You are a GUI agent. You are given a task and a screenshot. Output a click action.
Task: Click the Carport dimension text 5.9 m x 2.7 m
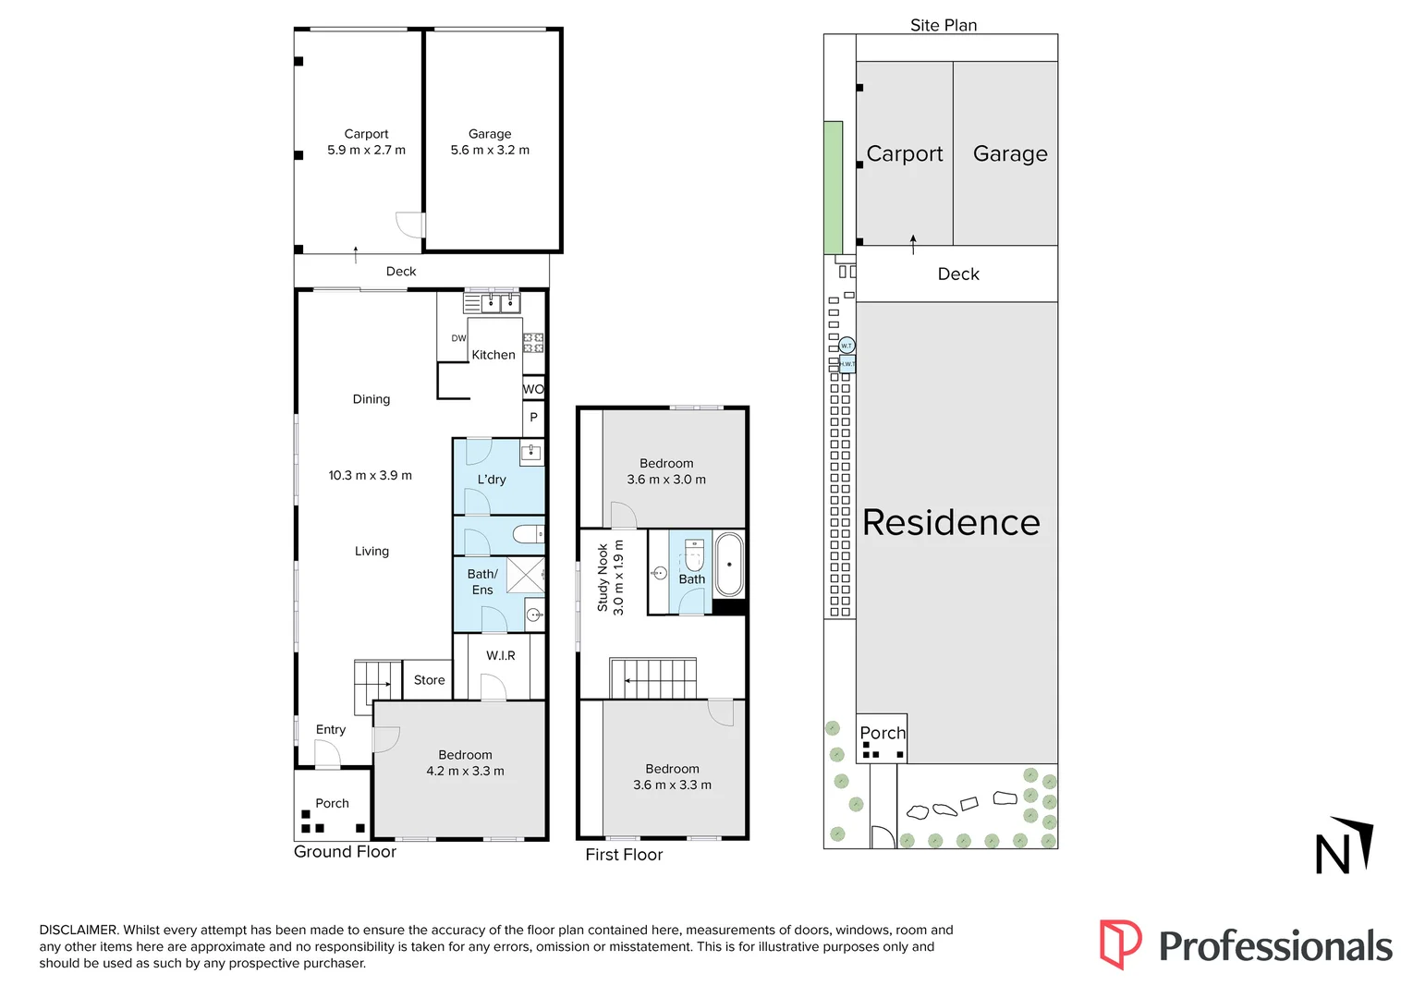(366, 150)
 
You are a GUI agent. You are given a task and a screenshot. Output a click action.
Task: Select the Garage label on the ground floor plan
(490, 134)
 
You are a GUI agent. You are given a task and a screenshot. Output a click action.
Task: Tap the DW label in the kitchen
(458, 338)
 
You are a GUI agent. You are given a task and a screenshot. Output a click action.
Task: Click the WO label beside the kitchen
(533, 389)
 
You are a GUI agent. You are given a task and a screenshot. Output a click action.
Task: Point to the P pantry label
(533, 418)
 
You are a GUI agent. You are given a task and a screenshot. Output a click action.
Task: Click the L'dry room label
(492, 480)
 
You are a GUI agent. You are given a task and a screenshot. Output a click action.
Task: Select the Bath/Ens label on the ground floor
(482, 582)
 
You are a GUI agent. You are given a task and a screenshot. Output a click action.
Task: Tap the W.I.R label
(501, 655)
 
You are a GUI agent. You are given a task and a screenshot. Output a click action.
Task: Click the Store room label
(429, 680)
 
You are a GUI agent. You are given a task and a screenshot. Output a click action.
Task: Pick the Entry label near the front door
(330, 729)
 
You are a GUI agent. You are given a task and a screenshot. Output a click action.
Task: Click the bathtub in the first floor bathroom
(729, 564)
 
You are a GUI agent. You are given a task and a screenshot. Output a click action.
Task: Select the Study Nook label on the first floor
(603, 578)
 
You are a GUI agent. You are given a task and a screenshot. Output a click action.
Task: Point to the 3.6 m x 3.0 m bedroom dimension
(666, 480)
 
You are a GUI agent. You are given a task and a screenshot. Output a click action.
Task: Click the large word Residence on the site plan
(951, 523)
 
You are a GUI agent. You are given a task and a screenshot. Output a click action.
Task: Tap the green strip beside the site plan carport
(833, 187)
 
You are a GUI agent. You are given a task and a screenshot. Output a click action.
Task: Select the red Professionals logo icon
(1120, 944)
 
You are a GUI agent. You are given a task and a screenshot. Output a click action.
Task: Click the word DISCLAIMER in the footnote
(79, 930)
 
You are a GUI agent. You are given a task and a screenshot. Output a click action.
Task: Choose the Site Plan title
(943, 25)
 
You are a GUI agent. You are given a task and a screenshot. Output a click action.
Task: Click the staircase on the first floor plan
(652, 679)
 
